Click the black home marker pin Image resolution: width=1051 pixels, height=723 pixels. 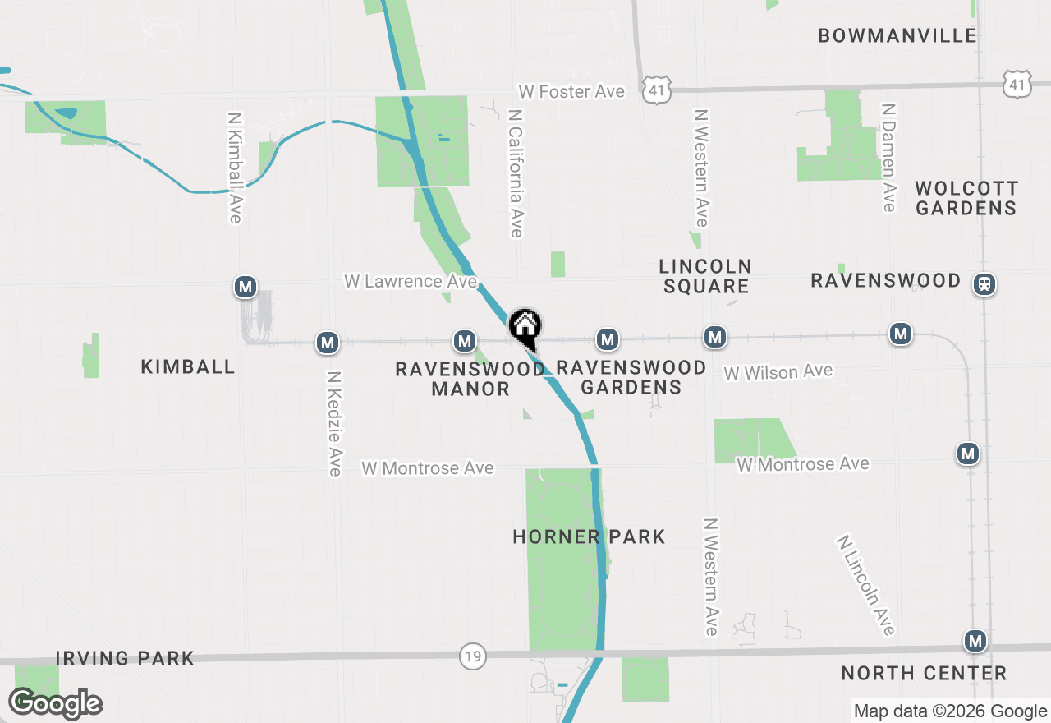(525, 327)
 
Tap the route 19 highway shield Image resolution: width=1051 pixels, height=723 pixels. (472, 656)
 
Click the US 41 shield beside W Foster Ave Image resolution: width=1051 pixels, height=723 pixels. (658, 90)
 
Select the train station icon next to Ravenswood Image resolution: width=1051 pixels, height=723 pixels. (984, 284)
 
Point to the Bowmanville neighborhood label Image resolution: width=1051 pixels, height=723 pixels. (897, 35)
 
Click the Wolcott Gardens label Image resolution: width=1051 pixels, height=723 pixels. (966, 198)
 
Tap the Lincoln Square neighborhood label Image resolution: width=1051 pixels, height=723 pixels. (705, 276)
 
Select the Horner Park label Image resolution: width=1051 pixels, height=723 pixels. (589, 537)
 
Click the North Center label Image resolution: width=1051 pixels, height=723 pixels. (924, 674)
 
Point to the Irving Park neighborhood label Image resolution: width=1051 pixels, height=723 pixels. (125, 658)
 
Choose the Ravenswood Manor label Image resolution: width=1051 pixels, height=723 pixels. (470, 379)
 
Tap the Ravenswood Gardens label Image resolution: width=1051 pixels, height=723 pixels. (631, 377)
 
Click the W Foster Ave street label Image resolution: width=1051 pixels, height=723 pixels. (571, 92)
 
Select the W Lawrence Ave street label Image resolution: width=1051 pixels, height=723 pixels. (411, 281)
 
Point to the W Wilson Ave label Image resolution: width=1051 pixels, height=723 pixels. (778, 372)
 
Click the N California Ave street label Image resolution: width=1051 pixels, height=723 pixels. (516, 173)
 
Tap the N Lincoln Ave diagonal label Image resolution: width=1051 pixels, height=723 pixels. (865, 585)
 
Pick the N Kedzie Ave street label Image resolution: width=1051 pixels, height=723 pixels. (333, 423)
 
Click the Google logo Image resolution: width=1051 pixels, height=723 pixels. (55, 703)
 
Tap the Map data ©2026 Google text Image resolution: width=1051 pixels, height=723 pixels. (950, 711)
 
